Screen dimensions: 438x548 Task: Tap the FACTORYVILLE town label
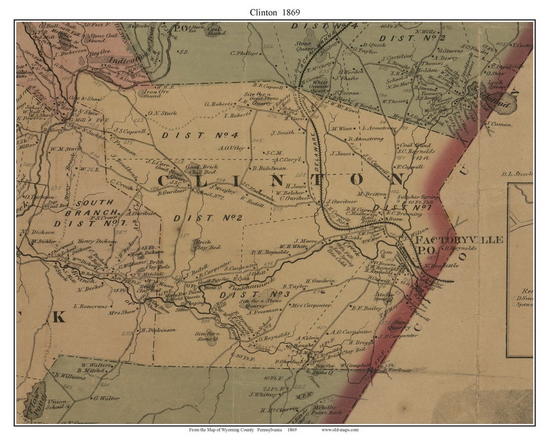[459, 239]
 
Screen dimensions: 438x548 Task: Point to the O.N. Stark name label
[162, 114]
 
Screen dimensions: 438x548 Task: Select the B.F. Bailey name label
[366, 307]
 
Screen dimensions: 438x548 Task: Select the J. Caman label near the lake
[498, 124]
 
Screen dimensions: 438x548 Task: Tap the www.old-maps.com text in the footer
[339, 430]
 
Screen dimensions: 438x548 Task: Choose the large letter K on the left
[58, 317]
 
